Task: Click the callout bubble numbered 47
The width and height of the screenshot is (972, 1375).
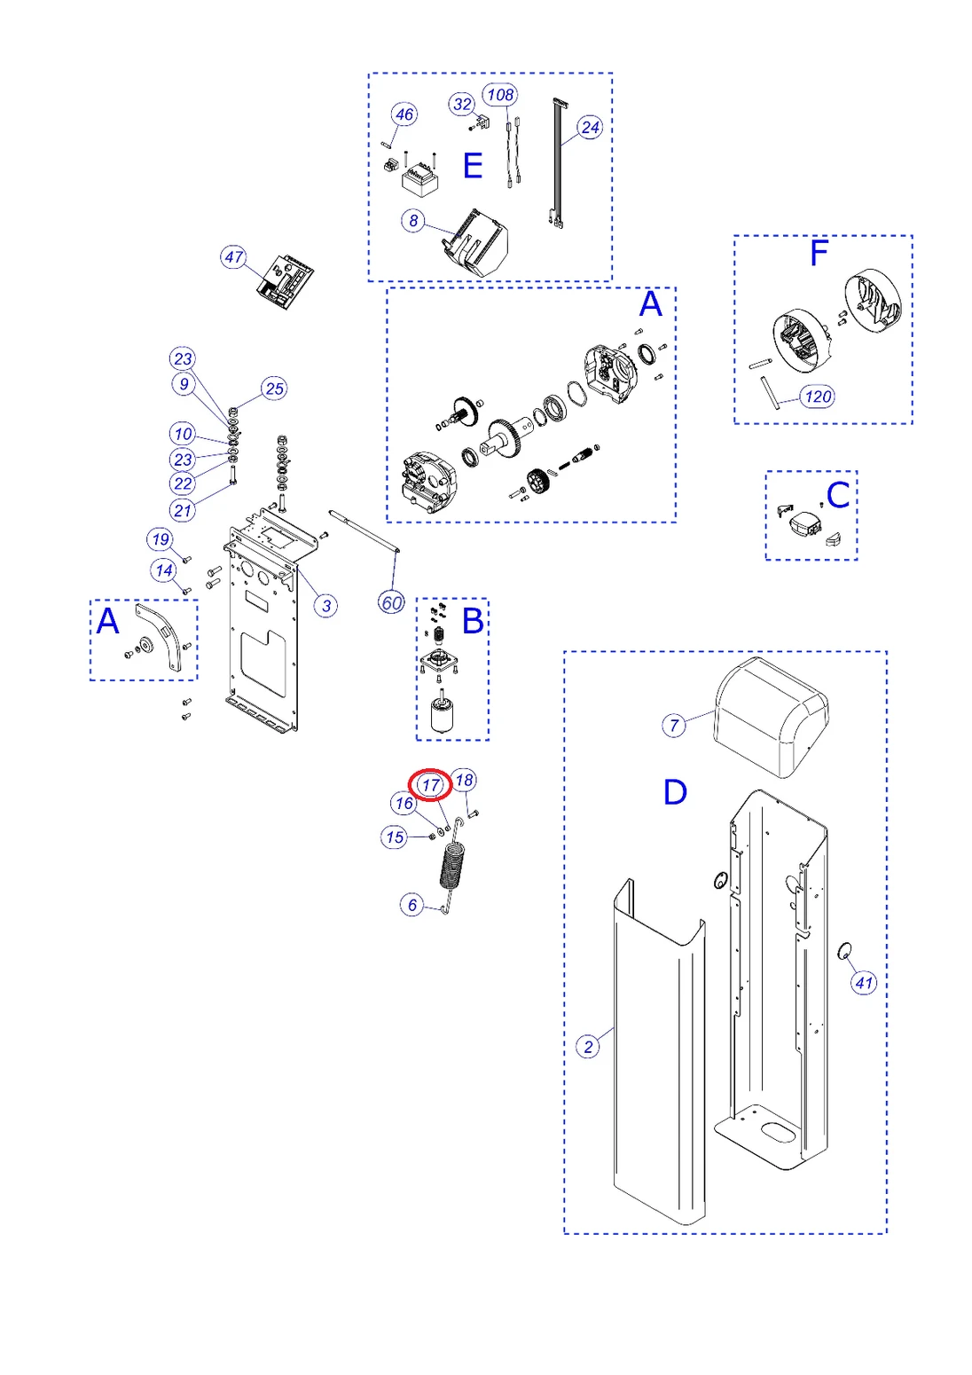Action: [233, 257]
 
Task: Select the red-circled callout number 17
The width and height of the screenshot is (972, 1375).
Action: [431, 785]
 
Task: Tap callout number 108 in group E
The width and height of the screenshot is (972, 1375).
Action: [500, 94]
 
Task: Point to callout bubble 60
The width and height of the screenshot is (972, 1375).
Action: [391, 603]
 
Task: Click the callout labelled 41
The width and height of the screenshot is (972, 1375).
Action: [864, 982]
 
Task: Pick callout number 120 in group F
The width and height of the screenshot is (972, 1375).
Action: [818, 397]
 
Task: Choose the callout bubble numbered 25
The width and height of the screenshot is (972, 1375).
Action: [275, 388]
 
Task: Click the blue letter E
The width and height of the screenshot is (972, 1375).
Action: [473, 166]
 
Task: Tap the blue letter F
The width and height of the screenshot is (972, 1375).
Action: [819, 253]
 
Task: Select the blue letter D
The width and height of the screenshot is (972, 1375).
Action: [675, 792]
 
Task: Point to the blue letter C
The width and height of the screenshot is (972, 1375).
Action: [838, 495]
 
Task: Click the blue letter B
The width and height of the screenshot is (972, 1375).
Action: [473, 621]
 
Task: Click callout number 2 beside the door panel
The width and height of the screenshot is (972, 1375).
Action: [588, 1047]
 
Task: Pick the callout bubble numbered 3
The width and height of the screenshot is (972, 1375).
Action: [326, 606]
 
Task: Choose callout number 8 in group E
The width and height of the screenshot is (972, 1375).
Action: [413, 220]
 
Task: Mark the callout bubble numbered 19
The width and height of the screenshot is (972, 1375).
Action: [161, 539]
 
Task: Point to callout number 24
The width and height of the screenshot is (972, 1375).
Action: [590, 128]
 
